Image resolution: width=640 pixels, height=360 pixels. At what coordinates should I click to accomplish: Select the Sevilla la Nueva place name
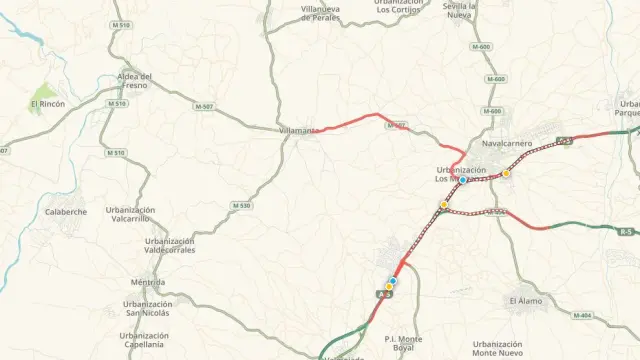click(459, 10)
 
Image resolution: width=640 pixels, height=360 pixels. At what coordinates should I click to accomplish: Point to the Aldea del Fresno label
click(133, 81)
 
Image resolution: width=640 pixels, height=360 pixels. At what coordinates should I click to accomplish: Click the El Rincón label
click(47, 103)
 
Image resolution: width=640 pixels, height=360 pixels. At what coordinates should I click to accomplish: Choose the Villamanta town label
click(297, 130)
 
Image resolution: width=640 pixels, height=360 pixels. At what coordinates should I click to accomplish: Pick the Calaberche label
click(66, 212)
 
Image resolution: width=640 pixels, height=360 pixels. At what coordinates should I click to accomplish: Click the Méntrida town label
click(147, 282)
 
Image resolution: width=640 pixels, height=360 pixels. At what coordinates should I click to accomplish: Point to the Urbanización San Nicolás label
click(146, 308)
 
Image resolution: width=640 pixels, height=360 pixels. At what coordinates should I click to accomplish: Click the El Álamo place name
click(526, 300)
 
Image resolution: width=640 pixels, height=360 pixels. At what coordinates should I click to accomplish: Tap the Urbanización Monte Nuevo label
click(497, 348)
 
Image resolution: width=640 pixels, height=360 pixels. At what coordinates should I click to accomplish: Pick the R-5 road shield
click(626, 232)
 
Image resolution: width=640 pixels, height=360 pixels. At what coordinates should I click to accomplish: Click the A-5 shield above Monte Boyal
click(383, 295)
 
